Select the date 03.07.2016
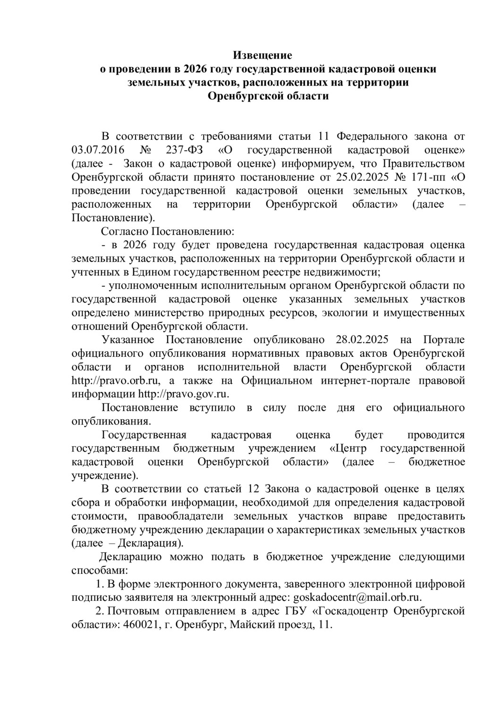(x=94, y=150)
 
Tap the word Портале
(x=444, y=340)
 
